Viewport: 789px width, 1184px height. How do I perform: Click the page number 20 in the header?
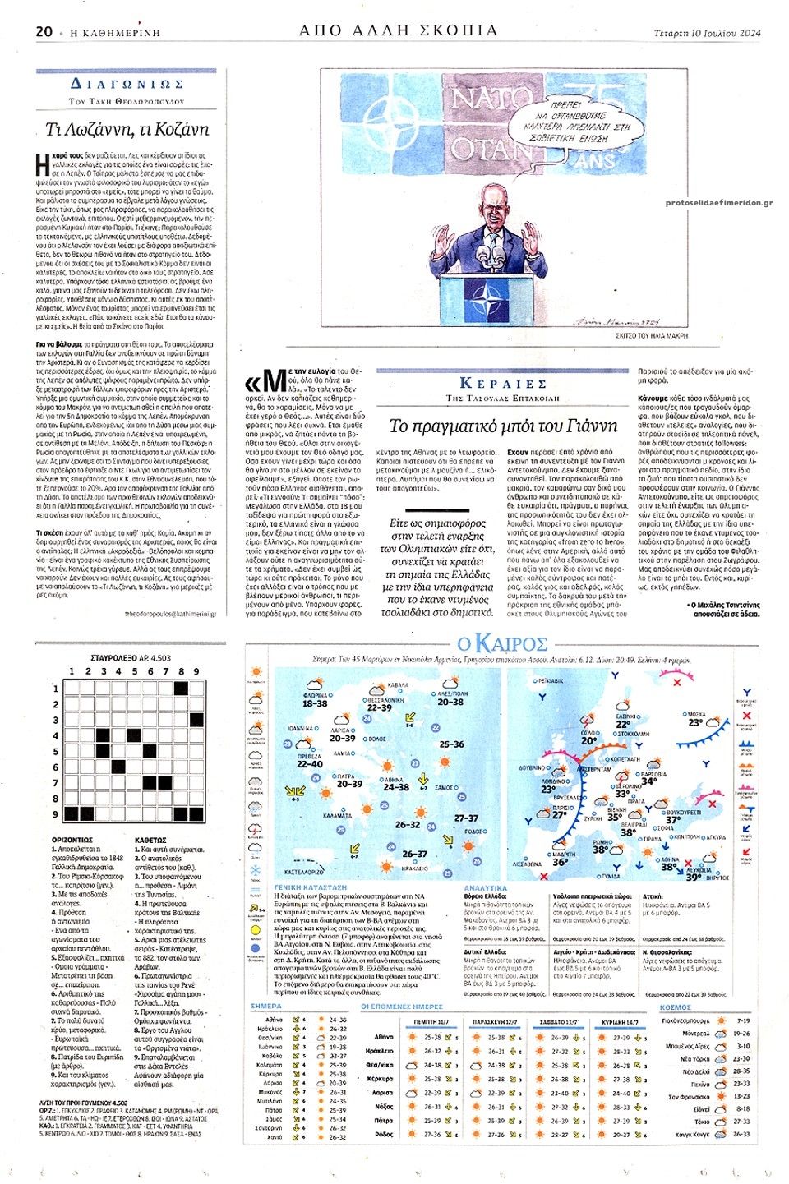pyautogui.click(x=44, y=31)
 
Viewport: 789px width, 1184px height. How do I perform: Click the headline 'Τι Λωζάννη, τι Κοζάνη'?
pyautogui.click(x=127, y=129)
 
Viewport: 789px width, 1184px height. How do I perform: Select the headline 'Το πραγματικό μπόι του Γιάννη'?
pyautogui.click(x=503, y=426)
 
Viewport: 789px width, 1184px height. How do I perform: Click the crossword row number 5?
pyautogui.click(x=56, y=752)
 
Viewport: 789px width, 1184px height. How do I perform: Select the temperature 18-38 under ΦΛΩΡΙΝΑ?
pyautogui.click(x=315, y=703)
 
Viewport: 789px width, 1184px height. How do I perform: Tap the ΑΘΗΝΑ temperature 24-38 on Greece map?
pyautogui.click(x=395, y=786)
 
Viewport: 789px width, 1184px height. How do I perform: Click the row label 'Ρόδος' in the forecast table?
pyautogui.click(x=384, y=1135)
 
